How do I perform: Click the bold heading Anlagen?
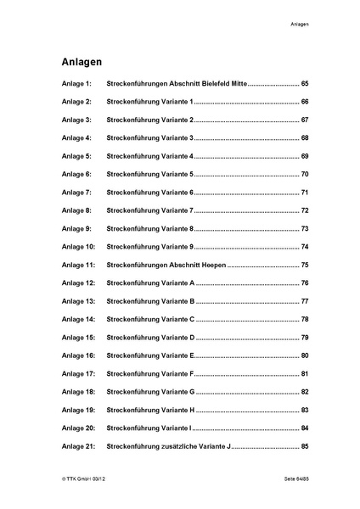coord(82,62)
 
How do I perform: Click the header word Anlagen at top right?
coord(296,24)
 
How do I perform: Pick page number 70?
coord(305,174)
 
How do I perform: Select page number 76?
coord(305,282)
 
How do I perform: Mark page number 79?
coord(305,337)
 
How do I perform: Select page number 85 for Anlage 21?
coord(305,446)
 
